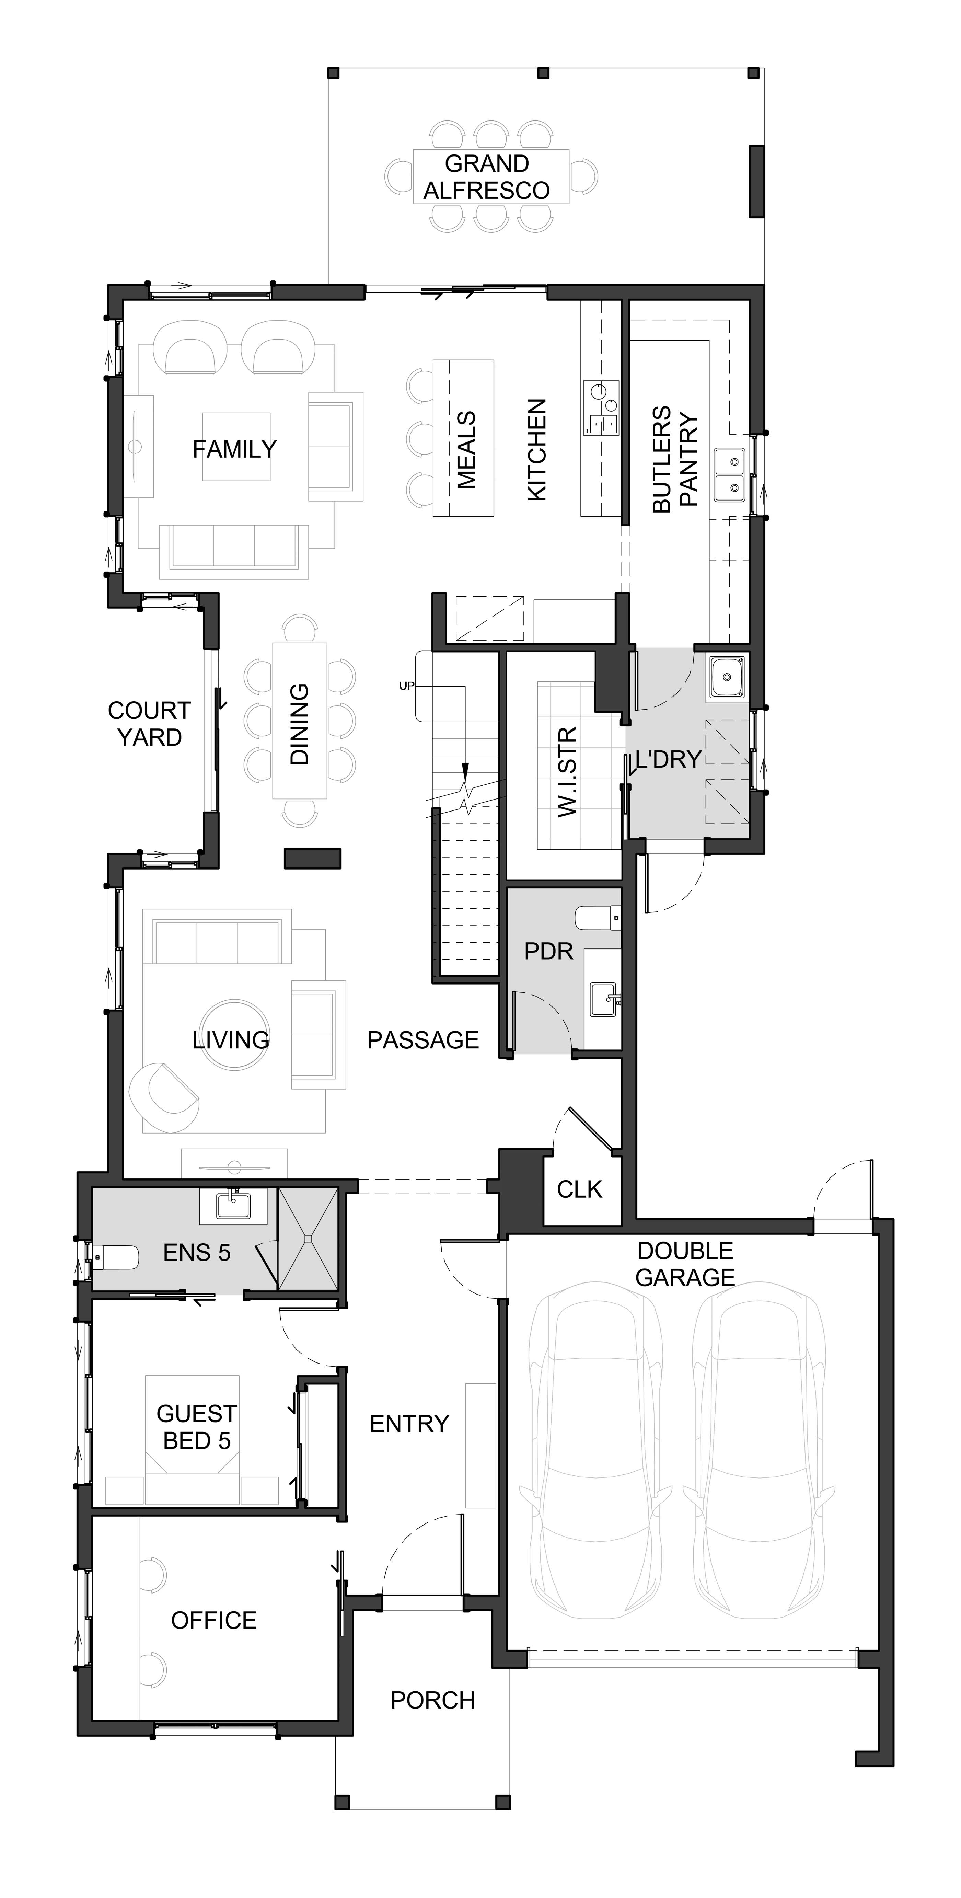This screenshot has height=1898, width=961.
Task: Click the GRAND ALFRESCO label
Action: coord(487,177)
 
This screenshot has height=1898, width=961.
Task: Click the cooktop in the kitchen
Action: coord(601,407)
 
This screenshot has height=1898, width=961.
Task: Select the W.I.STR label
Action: coord(567,771)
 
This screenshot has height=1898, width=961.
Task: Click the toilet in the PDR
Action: coord(597,918)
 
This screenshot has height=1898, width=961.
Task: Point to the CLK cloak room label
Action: coord(580,1189)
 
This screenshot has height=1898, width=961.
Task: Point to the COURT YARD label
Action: coord(150,724)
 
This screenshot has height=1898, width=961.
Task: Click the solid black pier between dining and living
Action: coord(313,858)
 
